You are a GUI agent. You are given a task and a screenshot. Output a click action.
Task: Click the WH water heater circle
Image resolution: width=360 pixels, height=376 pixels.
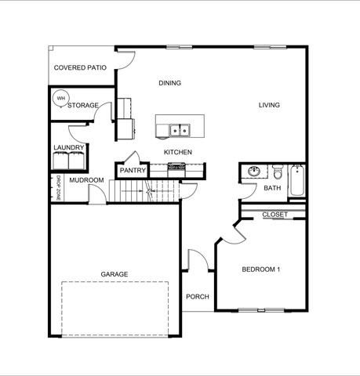click(x=60, y=98)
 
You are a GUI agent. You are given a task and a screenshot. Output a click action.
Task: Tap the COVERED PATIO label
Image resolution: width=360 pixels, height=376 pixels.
click(x=80, y=67)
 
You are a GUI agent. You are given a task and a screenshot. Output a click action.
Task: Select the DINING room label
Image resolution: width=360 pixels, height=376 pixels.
click(x=170, y=83)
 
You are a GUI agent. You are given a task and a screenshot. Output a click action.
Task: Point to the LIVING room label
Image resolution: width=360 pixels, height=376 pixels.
click(x=269, y=105)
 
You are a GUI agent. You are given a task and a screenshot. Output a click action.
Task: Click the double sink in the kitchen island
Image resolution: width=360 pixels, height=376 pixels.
click(x=180, y=130)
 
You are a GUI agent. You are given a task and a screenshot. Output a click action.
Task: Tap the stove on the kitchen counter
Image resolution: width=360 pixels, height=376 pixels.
click(x=176, y=170)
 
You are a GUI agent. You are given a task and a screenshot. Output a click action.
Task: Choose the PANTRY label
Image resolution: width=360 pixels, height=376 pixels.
click(x=133, y=171)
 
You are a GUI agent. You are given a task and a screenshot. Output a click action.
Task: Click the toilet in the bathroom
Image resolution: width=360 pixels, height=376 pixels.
click(x=277, y=172)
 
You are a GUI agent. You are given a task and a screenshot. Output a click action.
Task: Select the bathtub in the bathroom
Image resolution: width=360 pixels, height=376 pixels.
click(x=297, y=180)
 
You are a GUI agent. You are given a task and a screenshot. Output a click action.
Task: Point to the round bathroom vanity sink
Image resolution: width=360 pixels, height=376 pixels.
click(x=254, y=172)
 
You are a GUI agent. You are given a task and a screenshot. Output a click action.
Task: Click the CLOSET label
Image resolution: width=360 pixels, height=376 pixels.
click(x=275, y=215)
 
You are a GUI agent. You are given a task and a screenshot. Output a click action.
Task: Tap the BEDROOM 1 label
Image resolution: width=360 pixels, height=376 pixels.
click(x=261, y=269)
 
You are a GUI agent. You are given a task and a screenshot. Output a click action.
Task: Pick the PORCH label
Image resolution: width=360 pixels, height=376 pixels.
click(x=198, y=297)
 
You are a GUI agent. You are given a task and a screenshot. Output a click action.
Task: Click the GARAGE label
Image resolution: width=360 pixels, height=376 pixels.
click(x=115, y=274)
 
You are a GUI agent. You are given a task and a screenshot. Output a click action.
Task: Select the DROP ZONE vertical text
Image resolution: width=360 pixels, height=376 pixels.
click(x=58, y=188)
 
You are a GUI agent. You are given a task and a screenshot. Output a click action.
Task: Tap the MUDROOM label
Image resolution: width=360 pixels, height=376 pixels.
click(x=86, y=180)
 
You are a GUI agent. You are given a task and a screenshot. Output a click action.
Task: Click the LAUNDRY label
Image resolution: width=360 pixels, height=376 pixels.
click(x=69, y=147)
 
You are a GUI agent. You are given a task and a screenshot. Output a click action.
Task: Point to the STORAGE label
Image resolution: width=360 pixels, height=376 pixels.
click(x=83, y=105)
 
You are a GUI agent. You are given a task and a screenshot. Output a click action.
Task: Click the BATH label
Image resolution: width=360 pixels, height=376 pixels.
click(x=272, y=188)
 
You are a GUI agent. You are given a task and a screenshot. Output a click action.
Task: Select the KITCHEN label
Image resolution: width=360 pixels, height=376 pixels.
click(x=178, y=152)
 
